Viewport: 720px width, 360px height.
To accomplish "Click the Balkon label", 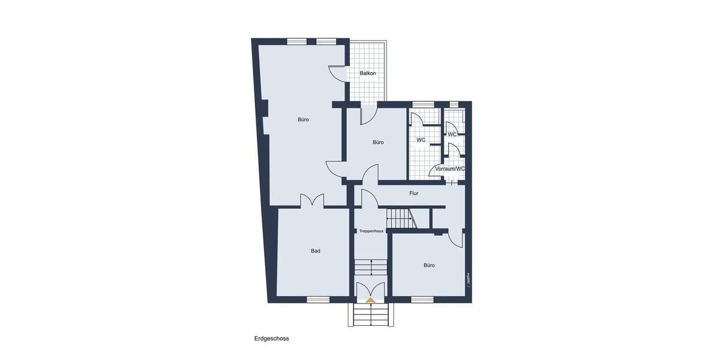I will (368, 73).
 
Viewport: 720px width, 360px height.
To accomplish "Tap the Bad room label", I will (315, 251).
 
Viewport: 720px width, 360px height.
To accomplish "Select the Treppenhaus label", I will (371, 231).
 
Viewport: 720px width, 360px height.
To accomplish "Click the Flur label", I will (413, 193).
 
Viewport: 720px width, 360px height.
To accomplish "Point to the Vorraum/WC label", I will (450, 169).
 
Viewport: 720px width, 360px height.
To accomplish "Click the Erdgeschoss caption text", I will (271, 338).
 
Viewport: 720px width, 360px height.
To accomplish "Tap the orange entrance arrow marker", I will (371, 298).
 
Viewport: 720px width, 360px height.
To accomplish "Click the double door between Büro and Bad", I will (312, 201).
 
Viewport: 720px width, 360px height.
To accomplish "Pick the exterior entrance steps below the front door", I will (371, 315).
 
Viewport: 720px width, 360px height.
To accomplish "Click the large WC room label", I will (421, 140).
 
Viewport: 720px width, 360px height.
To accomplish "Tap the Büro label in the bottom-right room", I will (429, 265).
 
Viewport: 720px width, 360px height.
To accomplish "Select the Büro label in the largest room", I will (304, 119).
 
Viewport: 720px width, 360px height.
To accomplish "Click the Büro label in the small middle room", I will (377, 142).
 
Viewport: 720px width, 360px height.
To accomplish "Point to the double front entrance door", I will (371, 289).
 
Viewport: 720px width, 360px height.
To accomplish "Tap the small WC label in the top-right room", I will (452, 134).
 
